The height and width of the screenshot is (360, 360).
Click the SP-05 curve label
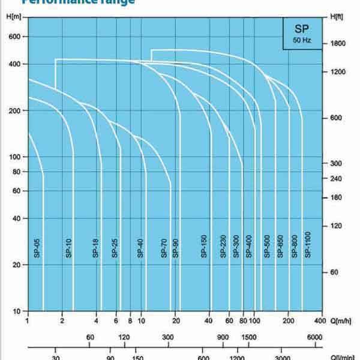click(x=37, y=248)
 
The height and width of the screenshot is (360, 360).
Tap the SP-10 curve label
click(x=68, y=248)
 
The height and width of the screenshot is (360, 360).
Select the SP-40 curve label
click(x=140, y=248)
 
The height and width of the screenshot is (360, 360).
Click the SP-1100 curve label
click(x=307, y=245)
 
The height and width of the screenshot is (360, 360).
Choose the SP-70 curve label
click(x=164, y=248)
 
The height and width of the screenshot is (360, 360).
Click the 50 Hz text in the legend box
click(x=302, y=40)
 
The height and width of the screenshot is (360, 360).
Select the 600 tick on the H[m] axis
click(x=14, y=37)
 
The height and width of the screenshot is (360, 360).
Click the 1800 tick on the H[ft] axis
click(x=338, y=43)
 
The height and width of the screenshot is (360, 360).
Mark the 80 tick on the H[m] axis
click(x=16, y=172)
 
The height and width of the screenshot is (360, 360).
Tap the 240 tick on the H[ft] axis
click(x=337, y=178)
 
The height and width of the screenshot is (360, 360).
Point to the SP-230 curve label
click(x=223, y=247)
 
